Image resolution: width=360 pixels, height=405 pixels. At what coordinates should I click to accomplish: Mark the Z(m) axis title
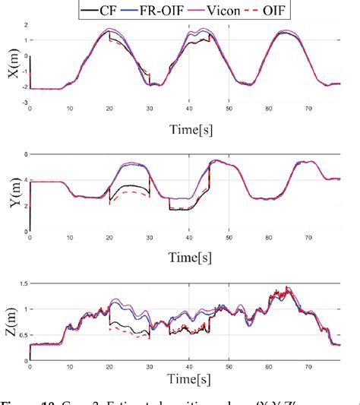(x=11, y=320)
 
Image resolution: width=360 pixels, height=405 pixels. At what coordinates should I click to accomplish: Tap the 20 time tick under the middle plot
(x=109, y=237)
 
